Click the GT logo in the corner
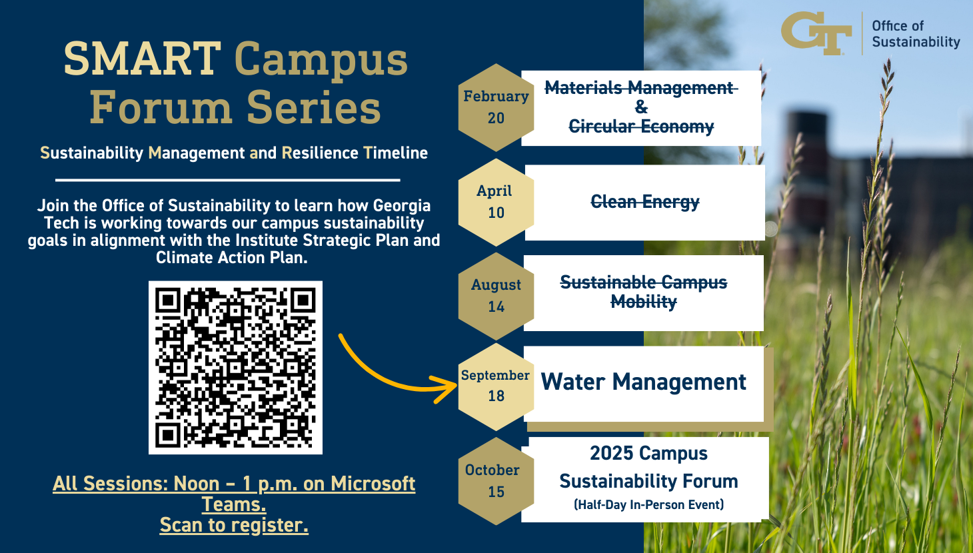pos(816,33)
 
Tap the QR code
pos(235,368)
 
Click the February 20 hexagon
pos(496,107)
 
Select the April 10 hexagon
pos(496,202)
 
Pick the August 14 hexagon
pos(496,296)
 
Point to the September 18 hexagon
pos(496,386)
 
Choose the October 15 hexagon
pos(496,481)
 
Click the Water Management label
pos(643,382)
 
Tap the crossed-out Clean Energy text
pos(645,202)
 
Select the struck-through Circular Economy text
pos(641,127)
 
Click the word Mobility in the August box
pos(644,301)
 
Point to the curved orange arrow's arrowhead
pos(447,388)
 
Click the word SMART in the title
pos(143,59)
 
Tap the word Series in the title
pos(314,107)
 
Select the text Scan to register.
pos(234,525)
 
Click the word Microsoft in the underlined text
pos(373,484)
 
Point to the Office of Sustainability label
pos(916,34)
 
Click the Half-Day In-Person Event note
pos(648,505)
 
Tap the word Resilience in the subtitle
pos(320,153)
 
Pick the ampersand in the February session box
pos(641,107)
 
